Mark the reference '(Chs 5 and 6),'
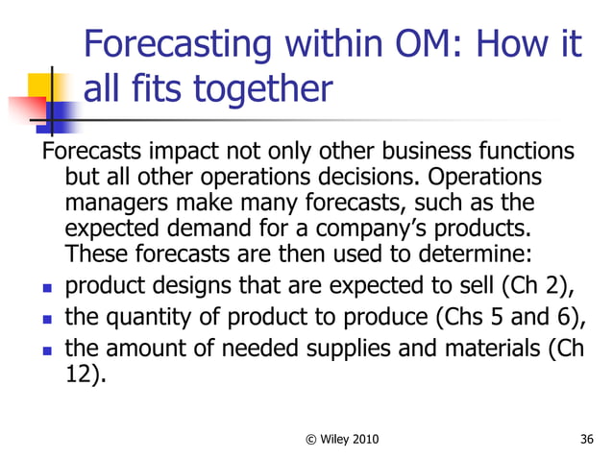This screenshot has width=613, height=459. (x=509, y=316)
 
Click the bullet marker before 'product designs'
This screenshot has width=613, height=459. (x=46, y=287)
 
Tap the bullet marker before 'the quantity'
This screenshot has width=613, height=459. (x=46, y=318)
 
